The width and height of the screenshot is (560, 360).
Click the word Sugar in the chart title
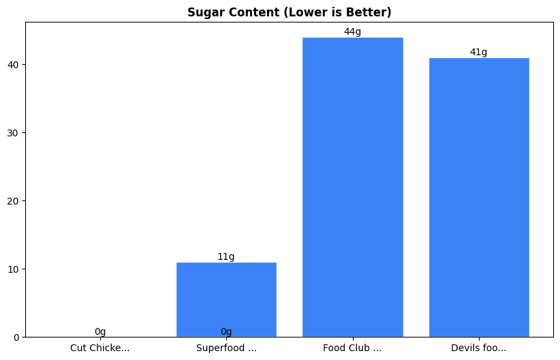pos(203,12)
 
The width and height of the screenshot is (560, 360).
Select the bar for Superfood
pos(226,300)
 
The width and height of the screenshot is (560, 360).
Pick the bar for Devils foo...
pos(479,197)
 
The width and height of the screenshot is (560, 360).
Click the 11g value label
pos(226,257)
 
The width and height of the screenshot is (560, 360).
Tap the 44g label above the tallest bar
pos(352,31)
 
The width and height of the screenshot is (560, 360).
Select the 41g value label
pos(479,52)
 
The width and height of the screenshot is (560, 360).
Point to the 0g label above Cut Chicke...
pos(100,331)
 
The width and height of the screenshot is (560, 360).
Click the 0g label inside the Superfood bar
pos(226,331)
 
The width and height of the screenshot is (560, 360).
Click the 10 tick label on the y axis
pos(15,269)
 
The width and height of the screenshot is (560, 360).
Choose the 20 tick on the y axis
pos(15,200)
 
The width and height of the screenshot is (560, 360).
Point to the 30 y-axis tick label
pos(15,132)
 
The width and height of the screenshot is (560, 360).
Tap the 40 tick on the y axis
pos(15,64)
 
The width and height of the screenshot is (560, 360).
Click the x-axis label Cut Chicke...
pos(100,348)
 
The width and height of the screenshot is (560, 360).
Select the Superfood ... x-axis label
pos(226,348)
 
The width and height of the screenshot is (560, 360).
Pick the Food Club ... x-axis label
pos(352,348)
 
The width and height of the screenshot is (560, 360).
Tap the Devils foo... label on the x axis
pos(479,348)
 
